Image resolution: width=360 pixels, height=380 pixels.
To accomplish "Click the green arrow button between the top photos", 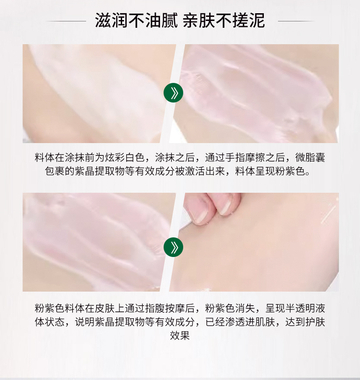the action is pos(173,93).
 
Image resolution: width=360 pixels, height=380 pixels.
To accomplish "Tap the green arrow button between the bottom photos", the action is pos(173,247).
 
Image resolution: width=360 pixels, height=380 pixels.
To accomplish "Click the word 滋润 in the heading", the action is pos(111,21).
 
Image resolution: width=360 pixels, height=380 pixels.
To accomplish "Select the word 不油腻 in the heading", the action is pos(153,21).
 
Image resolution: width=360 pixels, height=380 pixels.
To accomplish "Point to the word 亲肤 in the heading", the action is pos(199,21).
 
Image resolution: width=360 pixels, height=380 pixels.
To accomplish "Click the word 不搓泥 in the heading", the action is pos(240,21).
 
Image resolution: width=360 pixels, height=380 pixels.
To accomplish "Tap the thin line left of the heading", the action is pos(66,21).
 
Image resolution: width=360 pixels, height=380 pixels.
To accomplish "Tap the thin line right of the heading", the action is pos(296,21).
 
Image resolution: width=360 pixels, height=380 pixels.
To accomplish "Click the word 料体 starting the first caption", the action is pos(45,158).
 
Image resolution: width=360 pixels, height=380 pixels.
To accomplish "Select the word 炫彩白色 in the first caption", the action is pos(124,158).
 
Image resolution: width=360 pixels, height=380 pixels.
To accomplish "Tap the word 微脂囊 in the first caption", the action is pos(310,158).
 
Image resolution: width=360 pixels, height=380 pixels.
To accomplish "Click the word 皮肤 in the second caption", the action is pos(104,308).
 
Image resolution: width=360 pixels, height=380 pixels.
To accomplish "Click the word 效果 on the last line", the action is pos(180,335).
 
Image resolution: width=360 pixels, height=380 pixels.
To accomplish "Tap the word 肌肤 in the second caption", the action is pos(265,322).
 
